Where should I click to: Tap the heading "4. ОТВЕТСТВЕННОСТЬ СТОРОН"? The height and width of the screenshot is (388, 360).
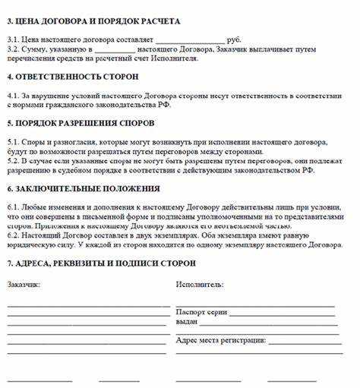point(63,77)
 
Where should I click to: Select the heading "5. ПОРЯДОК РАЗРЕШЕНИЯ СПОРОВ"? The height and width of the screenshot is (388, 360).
point(80,122)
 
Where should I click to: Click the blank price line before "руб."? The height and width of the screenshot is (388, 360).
point(190,39)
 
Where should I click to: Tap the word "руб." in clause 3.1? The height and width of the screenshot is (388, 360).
point(233,38)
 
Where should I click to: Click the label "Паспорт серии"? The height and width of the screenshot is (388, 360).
point(201,311)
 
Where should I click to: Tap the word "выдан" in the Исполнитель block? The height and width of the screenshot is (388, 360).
point(187,321)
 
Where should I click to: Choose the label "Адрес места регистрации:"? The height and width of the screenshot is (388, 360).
point(221,340)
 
